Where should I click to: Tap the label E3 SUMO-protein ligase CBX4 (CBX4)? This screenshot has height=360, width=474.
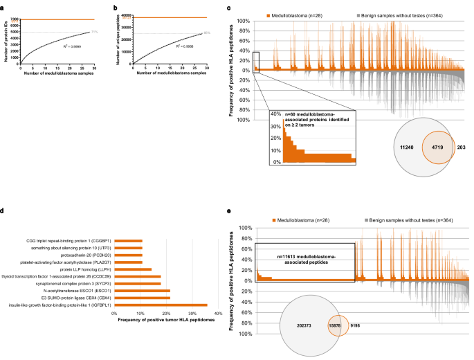pyautogui.click(x=73, y=296)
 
